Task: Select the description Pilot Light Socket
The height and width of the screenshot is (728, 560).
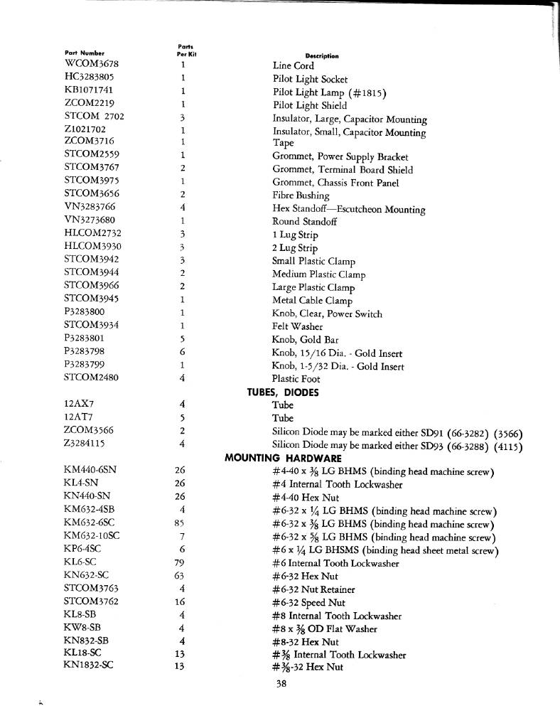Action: [x=310, y=79]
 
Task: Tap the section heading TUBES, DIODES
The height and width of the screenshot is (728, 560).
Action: [x=282, y=392]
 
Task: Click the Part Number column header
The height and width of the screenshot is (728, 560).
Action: [x=85, y=53]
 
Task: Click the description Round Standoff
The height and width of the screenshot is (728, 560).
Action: [x=304, y=222]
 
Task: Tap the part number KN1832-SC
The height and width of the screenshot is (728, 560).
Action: [x=88, y=667]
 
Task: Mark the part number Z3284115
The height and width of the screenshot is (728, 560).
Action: [x=85, y=444]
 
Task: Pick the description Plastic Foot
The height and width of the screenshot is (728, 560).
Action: [x=296, y=379]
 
